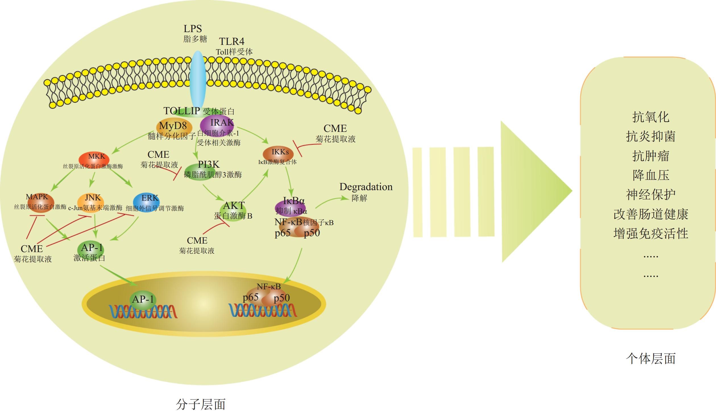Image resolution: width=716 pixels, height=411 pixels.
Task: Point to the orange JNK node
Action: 91,202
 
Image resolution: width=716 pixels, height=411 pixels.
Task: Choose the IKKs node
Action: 278,154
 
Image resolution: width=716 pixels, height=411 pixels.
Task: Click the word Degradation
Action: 366,187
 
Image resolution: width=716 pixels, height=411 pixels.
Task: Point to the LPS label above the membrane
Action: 193,29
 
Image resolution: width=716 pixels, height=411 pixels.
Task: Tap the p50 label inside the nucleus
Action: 281,298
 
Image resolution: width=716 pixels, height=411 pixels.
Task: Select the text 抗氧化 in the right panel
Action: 650,117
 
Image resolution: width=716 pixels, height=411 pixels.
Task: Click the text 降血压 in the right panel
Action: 650,175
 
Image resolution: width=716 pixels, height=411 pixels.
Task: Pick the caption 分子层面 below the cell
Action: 201,404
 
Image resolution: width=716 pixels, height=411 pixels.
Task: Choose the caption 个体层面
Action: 650,358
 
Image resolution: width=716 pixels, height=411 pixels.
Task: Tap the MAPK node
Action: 40,202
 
